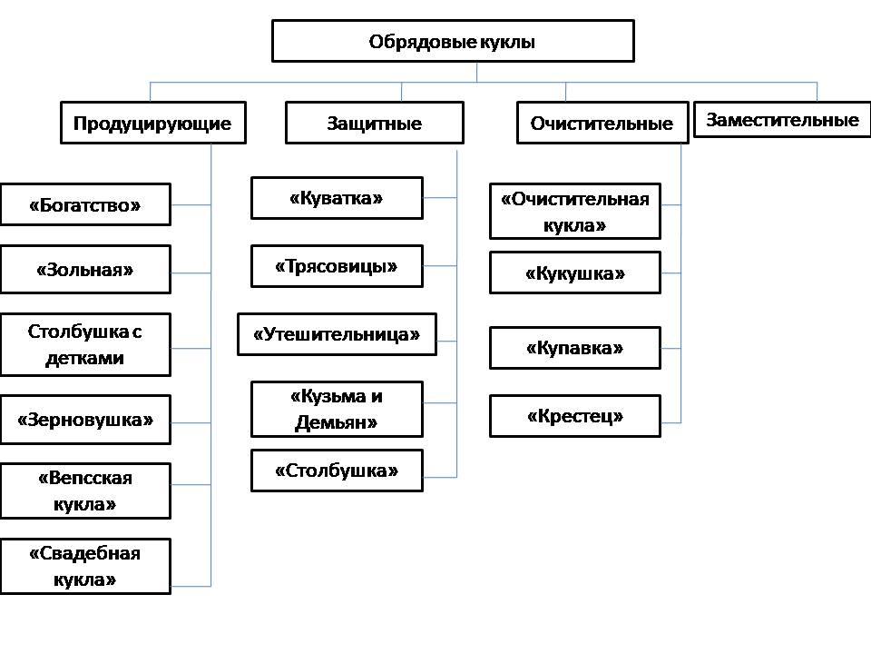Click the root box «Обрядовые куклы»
pyautogui.click(x=453, y=41)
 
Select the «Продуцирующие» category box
pyautogui.click(x=152, y=123)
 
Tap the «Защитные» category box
pyautogui.click(x=375, y=123)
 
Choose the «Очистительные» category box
pyautogui.click(x=602, y=123)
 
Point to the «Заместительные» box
pyautogui.click(x=782, y=120)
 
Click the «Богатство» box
pyautogui.click(x=85, y=204)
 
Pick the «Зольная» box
pyautogui.click(x=85, y=270)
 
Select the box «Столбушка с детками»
pyautogui.click(x=85, y=345)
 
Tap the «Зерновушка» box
pyautogui.click(x=85, y=420)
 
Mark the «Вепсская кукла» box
pyautogui.click(x=85, y=491)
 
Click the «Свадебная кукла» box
pyautogui.click(x=85, y=566)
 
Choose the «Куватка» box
pyautogui.click(x=337, y=198)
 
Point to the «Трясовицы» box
pyautogui.click(x=337, y=266)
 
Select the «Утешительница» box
pyautogui.click(x=337, y=334)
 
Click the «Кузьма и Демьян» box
pyautogui.click(x=337, y=410)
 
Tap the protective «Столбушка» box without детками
pyautogui.click(x=337, y=471)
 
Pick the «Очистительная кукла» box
pyautogui.click(x=575, y=212)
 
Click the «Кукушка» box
pyautogui.click(x=575, y=272)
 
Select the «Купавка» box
pyautogui.click(x=575, y=348)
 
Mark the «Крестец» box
pyautogui.click(x=575, y=416)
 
